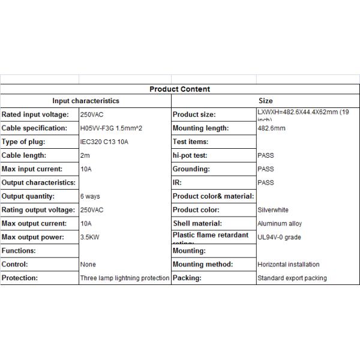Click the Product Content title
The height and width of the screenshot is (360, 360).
[179, 89]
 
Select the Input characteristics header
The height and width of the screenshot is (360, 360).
[86, 101]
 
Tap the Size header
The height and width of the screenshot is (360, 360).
[265, 101]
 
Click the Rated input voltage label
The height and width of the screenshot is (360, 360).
[35, 115]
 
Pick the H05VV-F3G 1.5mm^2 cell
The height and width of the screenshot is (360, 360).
[110, 128]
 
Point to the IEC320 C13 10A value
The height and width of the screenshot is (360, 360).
[104, 142]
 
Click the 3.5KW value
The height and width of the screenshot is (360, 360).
[90, 237]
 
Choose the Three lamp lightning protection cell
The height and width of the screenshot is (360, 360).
[125, 278]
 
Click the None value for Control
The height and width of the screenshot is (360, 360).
[88, 265]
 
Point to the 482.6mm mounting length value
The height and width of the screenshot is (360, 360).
[271, 128]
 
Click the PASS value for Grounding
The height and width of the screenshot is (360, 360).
[266, 169]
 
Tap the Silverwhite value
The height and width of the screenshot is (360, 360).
[273, 210]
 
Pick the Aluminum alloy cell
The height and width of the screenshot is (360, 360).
[280, 224]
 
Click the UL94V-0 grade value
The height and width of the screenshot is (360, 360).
[279, 238]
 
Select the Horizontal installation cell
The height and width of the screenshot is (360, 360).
[288, 265]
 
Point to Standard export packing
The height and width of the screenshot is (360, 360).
[292, 278]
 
